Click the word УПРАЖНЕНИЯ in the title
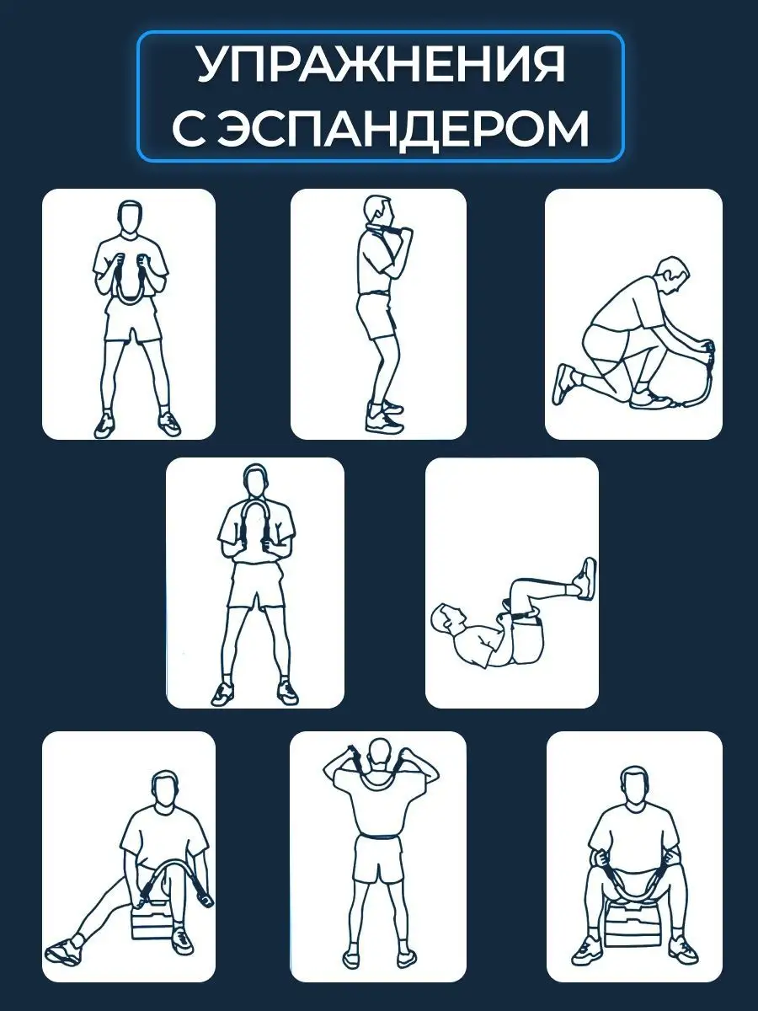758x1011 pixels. (x=381, y=65)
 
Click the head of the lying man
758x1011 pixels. (x=446, y=618)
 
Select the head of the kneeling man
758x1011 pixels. (x=673, y=275)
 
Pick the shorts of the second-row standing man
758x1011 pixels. (x=256, y=585)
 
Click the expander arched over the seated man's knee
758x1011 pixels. (x=167, y=859)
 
